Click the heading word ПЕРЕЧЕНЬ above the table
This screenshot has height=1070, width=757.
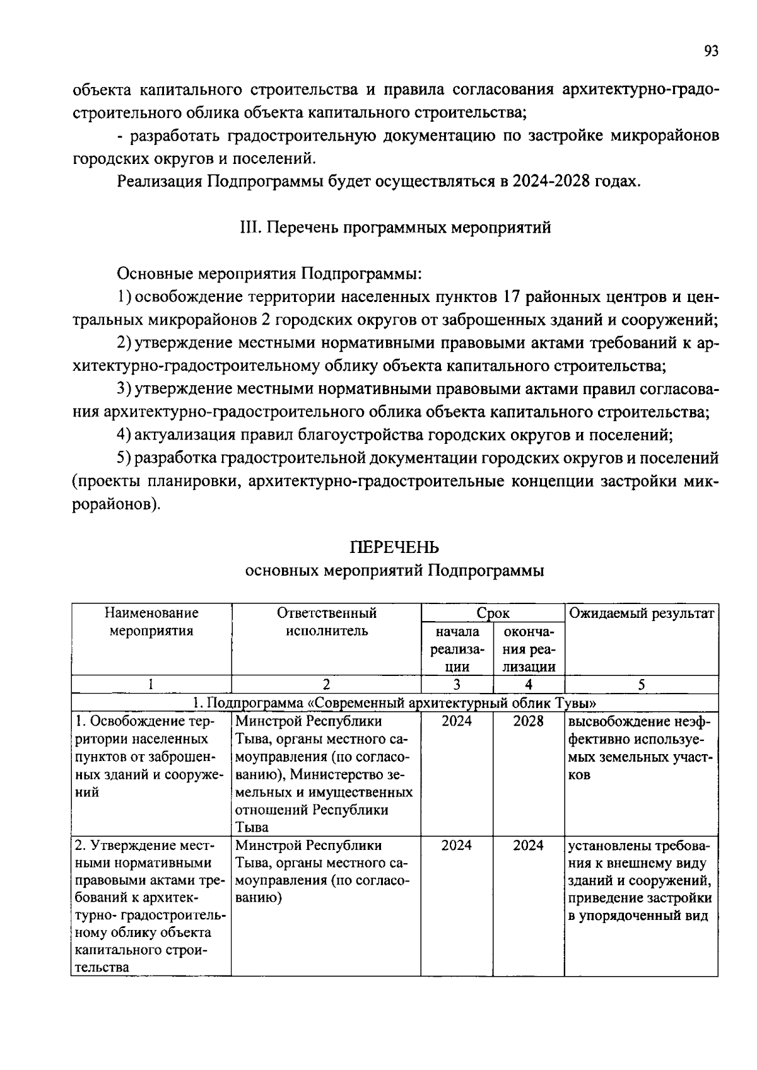pyautogui.click(x=394, y=547)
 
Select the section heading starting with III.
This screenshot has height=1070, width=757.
pyautogui.click(x=396, y=228)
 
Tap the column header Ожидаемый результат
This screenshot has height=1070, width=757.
pyautogui.click(x=641, y=614)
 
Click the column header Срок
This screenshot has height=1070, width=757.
pyautogui.click(x=493, y=614)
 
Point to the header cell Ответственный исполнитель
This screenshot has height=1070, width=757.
pyautogui.click(x=326, y=622)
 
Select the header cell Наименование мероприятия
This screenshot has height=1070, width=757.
pyautogui.click(x=151, y=622)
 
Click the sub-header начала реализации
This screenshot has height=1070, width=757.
pyautogui.click(x=457, y=649)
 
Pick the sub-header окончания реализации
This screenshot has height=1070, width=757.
pyautogui.click(x=528, y=649)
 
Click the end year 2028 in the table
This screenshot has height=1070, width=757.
pyautogui.click(x=528, y=721)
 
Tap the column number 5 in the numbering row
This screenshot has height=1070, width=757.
pyautogui.click(x=641, y=685)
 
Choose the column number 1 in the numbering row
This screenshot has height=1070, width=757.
pyautogui.click(x=151, y=685)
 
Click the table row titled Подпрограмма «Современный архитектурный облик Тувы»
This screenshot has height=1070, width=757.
pyautogui.click(x=395, y=702)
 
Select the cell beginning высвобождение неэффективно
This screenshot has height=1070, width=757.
pyautogui.click(x=641, y=748)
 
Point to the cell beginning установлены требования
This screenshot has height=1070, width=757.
pyautogui.click(x=641, y=880)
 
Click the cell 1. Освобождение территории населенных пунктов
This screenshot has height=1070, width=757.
pyautogui.click(x=150, y=757)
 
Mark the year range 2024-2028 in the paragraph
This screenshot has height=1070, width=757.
pyautogui.click(x=549, y=182)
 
